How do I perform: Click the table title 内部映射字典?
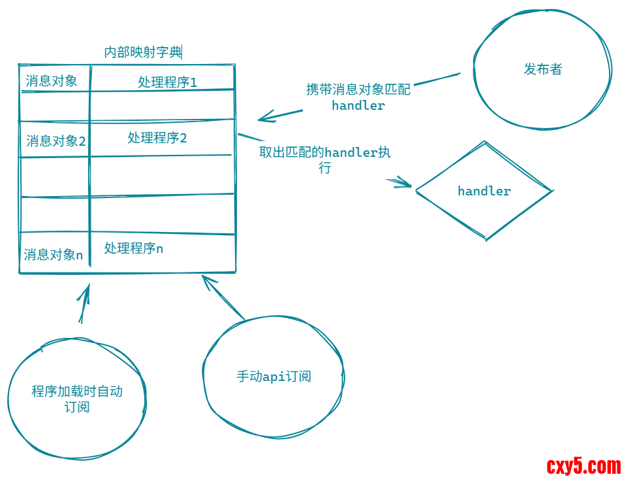coord(143,52)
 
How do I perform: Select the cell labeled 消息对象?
coord(52,80)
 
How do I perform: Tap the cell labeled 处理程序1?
coord(167,82)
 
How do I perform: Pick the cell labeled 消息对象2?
coord(55,140)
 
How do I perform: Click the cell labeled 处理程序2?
coord(157,138)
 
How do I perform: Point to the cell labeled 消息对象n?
coord(54,255)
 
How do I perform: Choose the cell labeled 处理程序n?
coord(133,248)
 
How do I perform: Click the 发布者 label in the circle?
coord(542,69)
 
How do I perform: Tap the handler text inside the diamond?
coord(484,191)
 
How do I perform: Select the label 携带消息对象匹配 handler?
coord(358,97)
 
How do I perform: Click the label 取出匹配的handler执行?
coord(325,159)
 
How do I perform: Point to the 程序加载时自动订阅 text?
coord(77,399)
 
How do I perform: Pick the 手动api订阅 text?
coord(273,376)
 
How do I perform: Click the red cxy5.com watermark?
coord(584,466)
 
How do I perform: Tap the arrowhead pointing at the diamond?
coord(405,184)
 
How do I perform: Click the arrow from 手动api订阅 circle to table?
coord(223,298)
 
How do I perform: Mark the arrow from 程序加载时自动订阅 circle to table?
coord(84,305)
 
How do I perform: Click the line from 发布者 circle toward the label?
coord(437,79)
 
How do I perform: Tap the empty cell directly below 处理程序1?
coord(162,105)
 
